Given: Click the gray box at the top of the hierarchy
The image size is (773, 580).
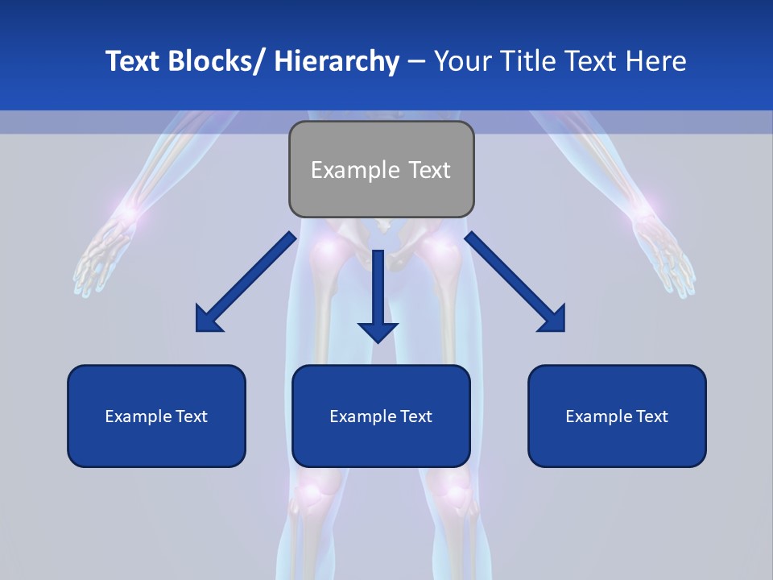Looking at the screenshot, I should click(x=381, y=169).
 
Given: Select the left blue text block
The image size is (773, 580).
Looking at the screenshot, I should click(x=156, y=416).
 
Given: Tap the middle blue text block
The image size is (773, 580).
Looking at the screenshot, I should click(x=381, y=416).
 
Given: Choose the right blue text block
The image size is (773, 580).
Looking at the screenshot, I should click(x=617, y=416).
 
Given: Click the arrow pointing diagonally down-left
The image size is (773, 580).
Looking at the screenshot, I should click(x=246, y=282).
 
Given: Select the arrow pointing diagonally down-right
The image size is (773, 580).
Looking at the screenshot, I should click(x=515, y=282).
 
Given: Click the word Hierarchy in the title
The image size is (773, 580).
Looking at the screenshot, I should click(x=336, y=61).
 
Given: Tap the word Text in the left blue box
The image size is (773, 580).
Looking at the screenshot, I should click(x=191, y=416).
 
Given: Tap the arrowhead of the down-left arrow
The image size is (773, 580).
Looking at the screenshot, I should click(x=207, y=321).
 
